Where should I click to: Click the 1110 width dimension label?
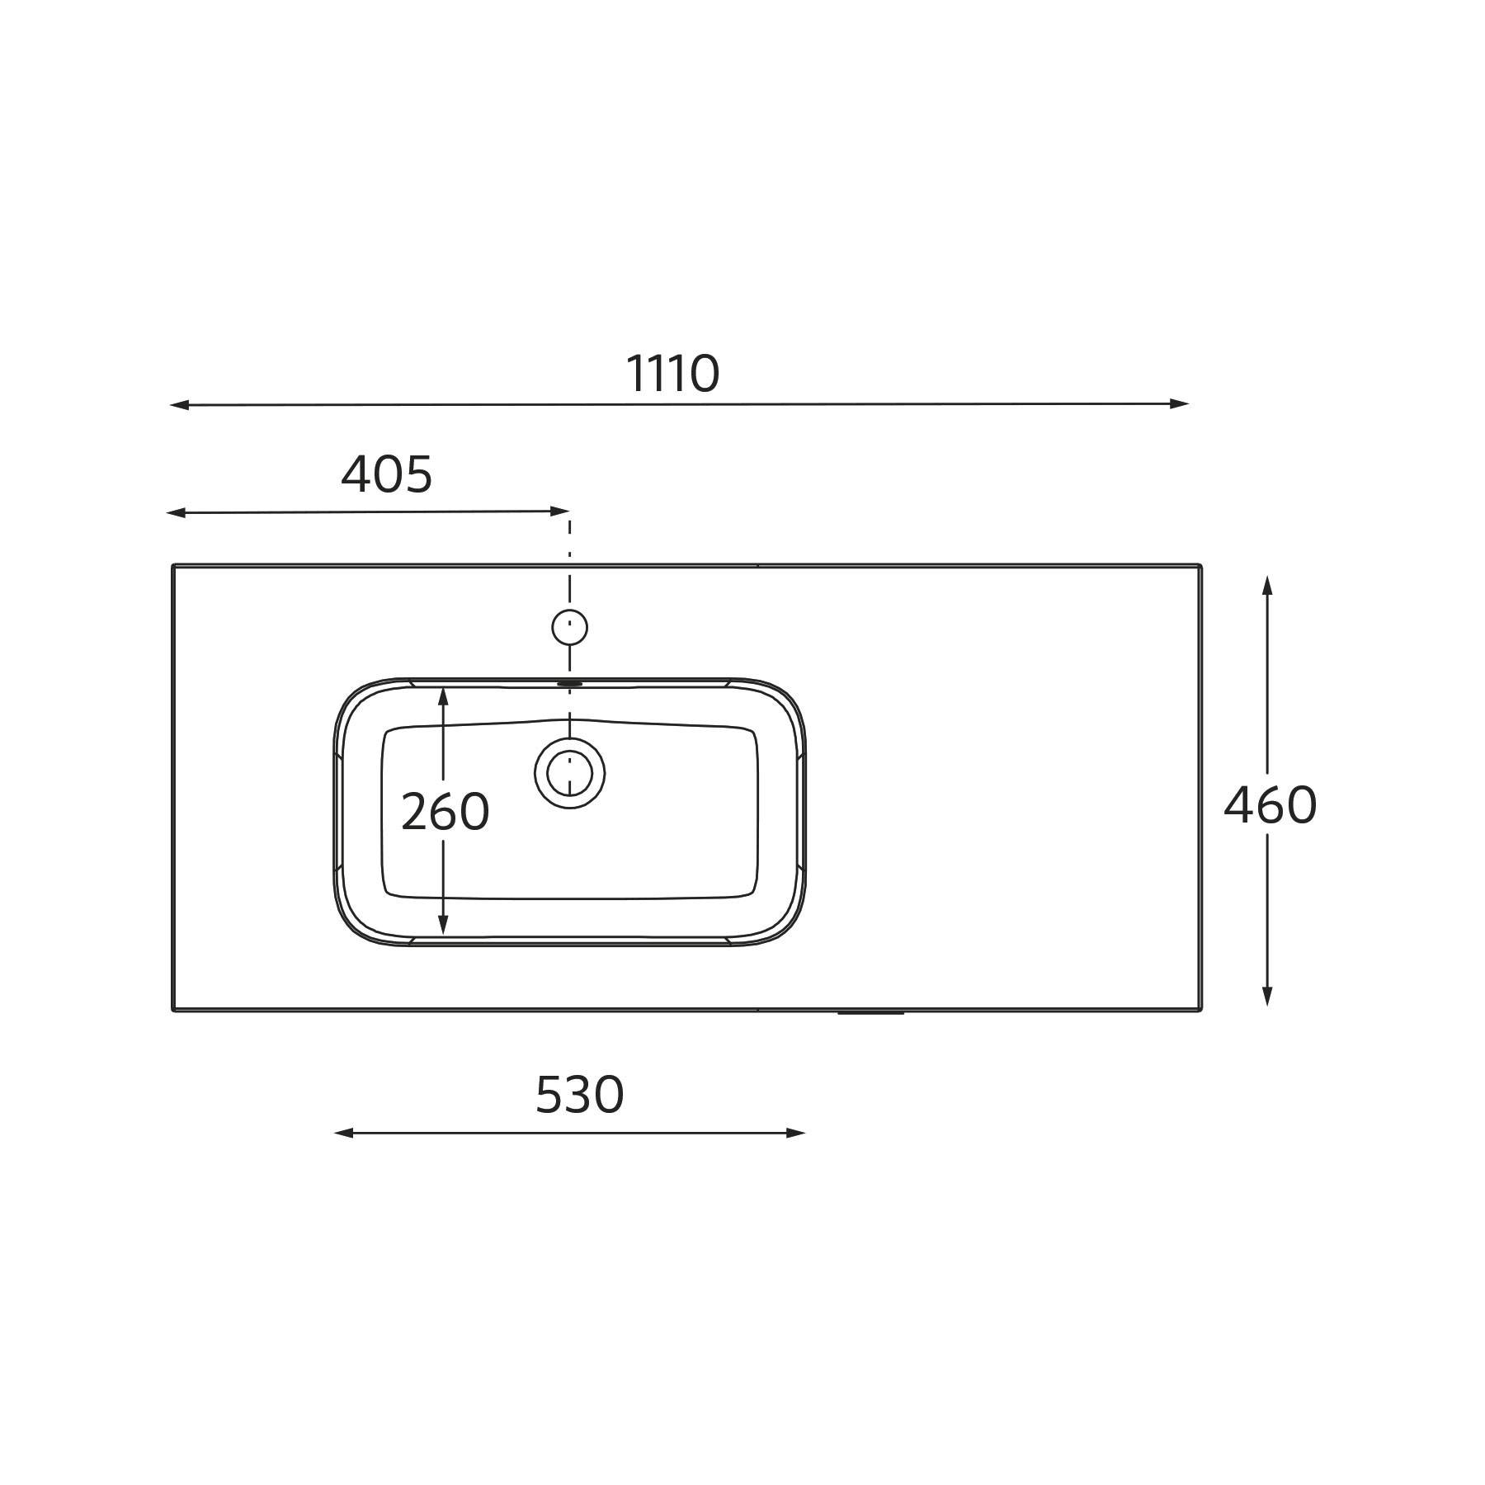click(672, 374)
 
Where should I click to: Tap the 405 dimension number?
click(387, 474)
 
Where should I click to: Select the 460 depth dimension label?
click(1270, 805)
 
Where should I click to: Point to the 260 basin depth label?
click(445, 812)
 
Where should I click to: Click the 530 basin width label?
click(580, 1095)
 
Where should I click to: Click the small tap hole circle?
click(569, 628)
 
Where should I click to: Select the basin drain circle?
click(569, 773)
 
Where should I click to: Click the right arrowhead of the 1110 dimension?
click(1178, 403)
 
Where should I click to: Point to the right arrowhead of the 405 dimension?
click(559, 511)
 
